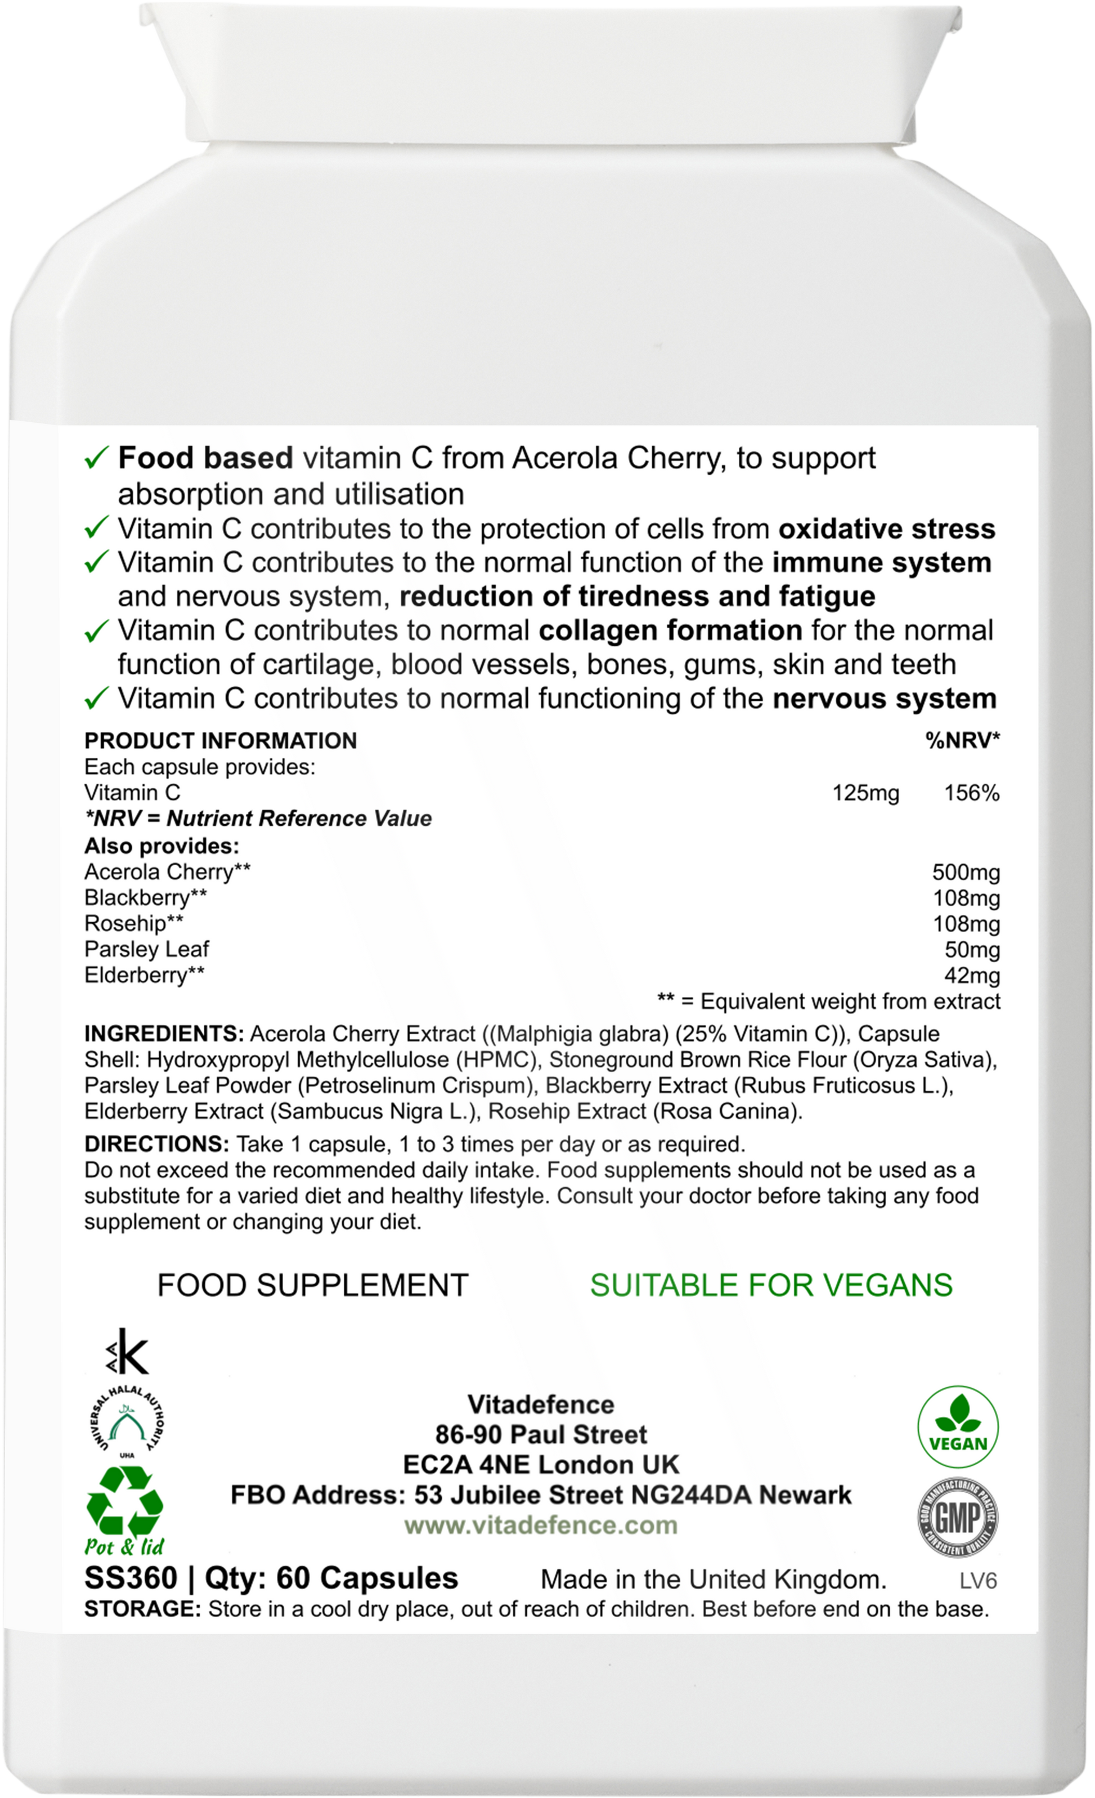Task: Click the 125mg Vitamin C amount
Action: tap(866, 793)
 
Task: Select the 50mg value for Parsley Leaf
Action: tap(972, 950)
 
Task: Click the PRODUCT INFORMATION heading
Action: tap(221, 741)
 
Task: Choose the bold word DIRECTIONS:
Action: tap(157, 1143)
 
